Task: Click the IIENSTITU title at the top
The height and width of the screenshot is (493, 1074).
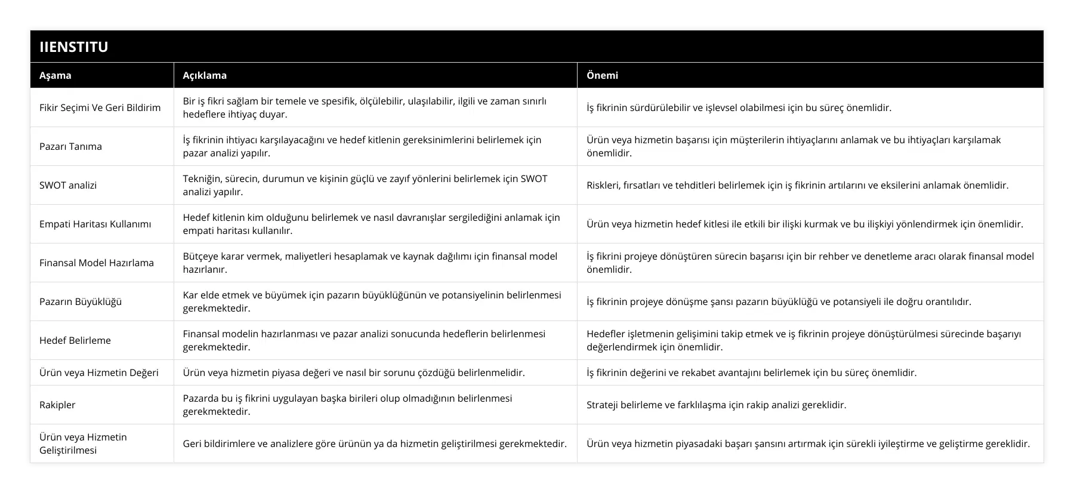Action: [x=74, y=47]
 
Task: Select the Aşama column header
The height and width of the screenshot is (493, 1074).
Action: [x=55, y=75]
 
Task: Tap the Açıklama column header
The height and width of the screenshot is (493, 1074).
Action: [x=205, y=75]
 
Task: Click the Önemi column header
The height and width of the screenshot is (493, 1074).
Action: [x=602, y=75]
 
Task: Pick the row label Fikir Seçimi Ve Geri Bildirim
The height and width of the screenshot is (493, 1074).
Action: [x=100, y=107]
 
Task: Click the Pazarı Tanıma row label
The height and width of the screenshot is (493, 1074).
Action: [x=70, y=146]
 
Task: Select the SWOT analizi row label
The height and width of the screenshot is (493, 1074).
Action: [x=68, y=185]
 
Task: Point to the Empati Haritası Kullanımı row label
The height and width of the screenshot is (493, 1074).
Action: [x=95, y=224]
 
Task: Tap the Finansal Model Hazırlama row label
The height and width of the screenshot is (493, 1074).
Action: [x=97, y=263]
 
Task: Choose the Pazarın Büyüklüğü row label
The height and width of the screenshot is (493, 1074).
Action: [x=81, y=301]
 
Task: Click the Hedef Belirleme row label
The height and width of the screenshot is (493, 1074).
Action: [x=75, y=340]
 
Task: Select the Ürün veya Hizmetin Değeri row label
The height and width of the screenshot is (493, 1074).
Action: [x=99, y=372]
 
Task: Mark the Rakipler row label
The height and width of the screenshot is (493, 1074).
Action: [x=57, y=405]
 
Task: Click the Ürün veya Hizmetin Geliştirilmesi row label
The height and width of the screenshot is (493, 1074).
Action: [x=84, y=443]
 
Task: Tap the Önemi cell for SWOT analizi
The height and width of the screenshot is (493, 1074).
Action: [x=797, y=185]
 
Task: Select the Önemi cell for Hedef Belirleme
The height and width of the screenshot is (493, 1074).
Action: [x=803, y=340]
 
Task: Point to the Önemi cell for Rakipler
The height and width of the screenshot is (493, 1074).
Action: [x=716, y=405]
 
